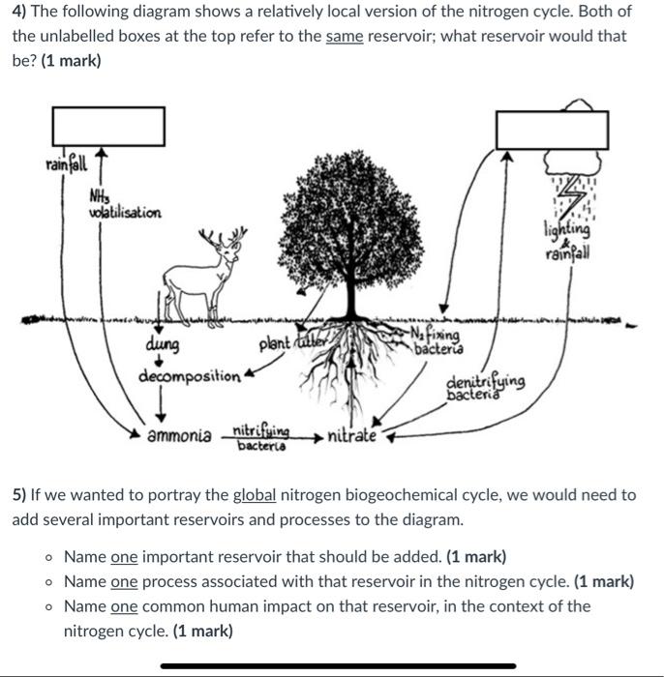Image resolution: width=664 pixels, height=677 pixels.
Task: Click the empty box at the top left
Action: click(x=107, y=126)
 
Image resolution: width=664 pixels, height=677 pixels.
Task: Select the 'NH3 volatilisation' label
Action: click(x=125, y=205)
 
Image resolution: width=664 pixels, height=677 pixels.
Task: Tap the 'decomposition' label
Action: click(x=190, y=375)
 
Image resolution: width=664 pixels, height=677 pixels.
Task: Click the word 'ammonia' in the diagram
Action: click(x=180, y=435)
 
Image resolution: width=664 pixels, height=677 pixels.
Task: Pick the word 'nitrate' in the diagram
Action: click(x=352, y=435)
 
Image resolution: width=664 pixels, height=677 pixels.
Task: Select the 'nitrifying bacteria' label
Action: click(x=261, y=437)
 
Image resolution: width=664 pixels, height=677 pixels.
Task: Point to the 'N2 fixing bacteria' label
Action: click(x=437, y=341)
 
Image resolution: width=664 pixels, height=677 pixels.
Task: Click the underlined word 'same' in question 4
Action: click(x=344, y=36)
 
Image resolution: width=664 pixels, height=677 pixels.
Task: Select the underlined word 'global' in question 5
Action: click(x=255, y=494)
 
